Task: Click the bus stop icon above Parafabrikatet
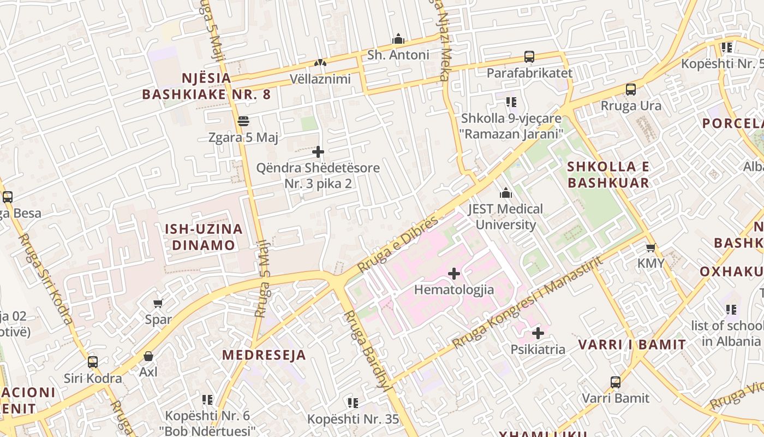(529, 57)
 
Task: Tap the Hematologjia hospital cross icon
(453, 274)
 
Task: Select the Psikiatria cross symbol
(538, 333)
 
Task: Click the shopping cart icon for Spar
(158, 303)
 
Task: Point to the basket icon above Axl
(148, 356)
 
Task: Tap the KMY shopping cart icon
(650, 247)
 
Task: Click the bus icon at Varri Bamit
(616, 382)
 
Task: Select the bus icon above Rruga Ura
(631, 90)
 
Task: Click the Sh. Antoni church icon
(398, 39)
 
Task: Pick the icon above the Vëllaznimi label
(320, 63)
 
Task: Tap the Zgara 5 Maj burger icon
(243, 121)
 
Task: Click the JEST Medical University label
(505, 217)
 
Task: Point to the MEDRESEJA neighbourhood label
(264, 355)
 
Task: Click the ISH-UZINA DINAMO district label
(204, 237)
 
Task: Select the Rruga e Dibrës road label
(398, 244)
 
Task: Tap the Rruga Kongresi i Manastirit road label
(528, 302)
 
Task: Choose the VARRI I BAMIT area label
(632, 345)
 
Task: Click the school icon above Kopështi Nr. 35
(353, 403)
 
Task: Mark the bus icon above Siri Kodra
(93, 362)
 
